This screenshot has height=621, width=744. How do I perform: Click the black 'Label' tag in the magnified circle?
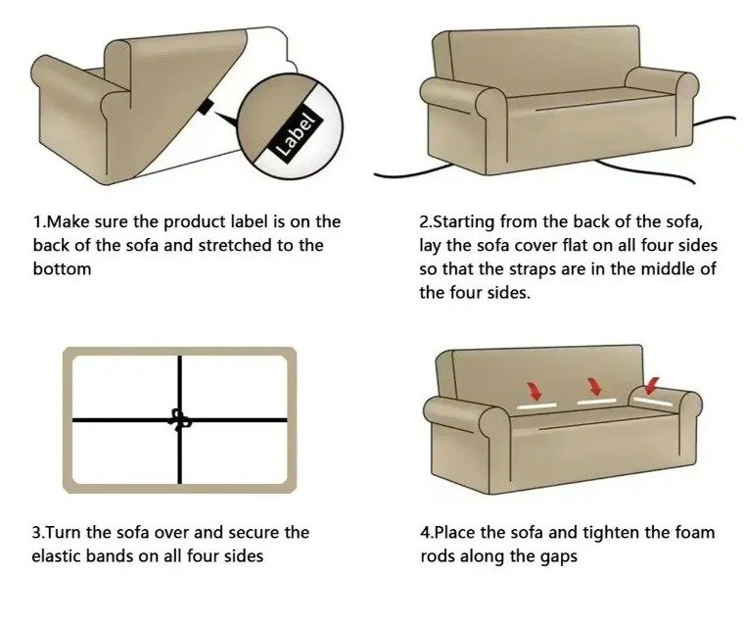point(296,134)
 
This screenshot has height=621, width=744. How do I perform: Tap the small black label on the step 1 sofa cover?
point(205,108)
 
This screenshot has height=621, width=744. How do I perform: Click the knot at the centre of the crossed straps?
point(180,419)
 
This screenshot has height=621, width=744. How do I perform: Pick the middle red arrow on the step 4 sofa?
point(593,386)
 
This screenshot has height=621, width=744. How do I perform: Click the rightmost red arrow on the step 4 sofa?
point(651,386)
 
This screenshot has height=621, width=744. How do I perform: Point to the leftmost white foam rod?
point(536,406)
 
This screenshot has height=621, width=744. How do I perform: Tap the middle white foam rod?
point(596,402)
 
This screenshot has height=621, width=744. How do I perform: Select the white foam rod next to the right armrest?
point(653,402)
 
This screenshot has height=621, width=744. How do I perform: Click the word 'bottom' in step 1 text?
point(62,268)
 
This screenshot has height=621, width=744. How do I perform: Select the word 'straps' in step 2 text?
point(533,269)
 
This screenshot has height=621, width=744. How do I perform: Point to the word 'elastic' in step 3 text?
point(56,555)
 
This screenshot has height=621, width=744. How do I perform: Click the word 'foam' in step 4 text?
point(695,532)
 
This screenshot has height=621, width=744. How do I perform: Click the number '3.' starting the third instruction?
point(39,532)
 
